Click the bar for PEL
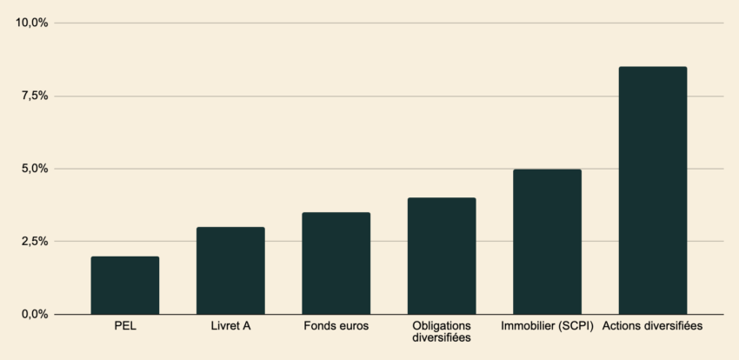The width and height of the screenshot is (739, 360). (125, 285)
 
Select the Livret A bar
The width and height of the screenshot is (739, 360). (230, 270)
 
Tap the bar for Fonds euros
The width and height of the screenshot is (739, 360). (336, 263)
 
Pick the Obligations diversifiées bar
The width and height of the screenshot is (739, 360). (442, 256)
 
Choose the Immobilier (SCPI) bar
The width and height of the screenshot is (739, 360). (547, 242)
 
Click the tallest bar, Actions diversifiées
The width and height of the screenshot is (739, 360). (652, 190)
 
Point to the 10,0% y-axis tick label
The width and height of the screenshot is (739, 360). (32, 23)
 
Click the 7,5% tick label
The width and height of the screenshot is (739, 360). (35, 96)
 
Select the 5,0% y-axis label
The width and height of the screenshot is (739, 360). (35, 169)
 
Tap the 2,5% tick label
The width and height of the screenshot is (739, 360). (35, 241)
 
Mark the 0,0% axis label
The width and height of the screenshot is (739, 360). (35, 314)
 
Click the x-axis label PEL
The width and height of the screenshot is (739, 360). (125, 327)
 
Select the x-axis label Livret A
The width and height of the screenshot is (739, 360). (230, 327)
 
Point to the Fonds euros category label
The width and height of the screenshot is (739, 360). (336, 327)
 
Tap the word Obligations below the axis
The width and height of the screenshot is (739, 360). (442, 326)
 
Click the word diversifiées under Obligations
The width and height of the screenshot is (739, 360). (442, 337)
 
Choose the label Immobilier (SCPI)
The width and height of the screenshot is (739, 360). (547, 327)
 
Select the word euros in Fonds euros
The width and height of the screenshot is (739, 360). (352, 327)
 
